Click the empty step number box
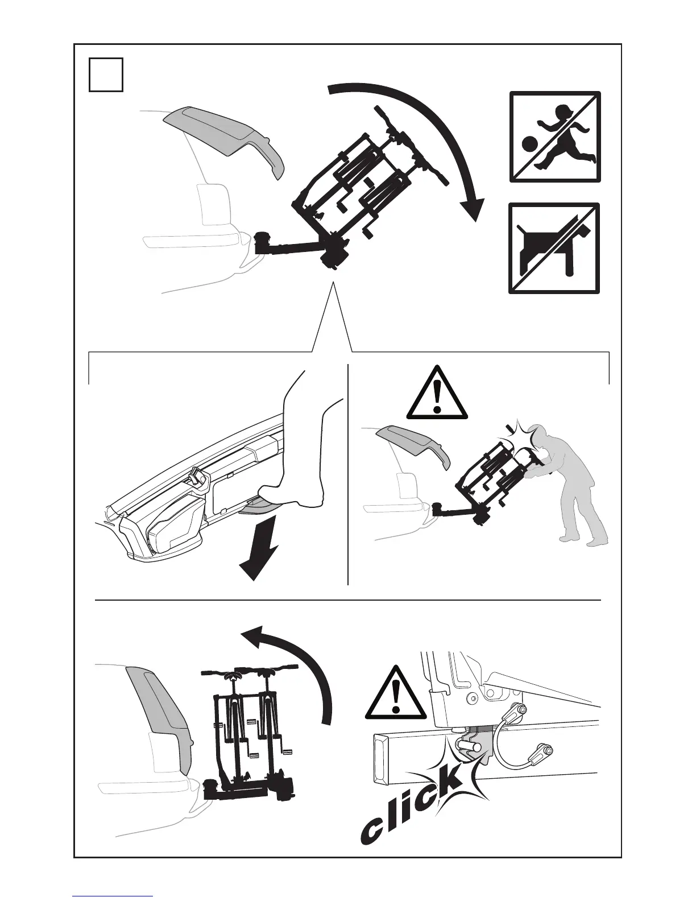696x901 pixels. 106,74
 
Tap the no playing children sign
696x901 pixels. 555,137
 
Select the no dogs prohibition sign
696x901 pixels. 554,248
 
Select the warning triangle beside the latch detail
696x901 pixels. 396,693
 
